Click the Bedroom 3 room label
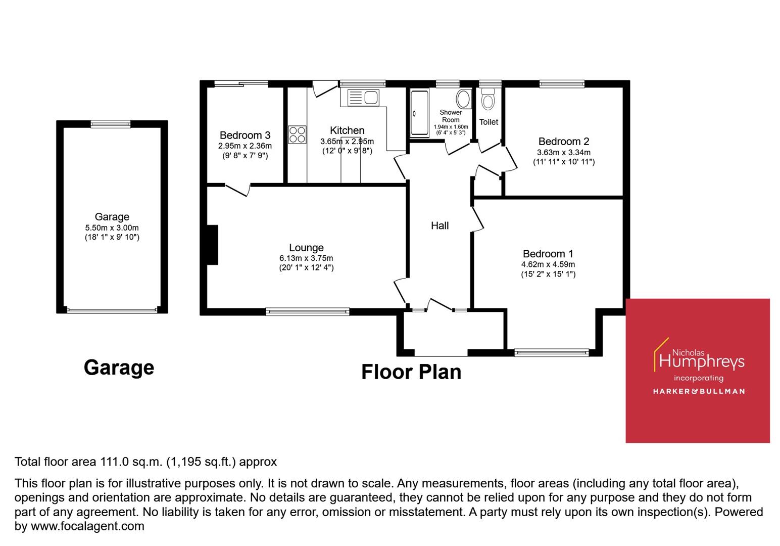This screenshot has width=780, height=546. pyautogui.click(x=245, y=135)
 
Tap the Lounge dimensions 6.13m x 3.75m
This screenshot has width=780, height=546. pyautogui.click(x=306, y=258)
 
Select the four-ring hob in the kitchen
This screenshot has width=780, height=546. pyautogui.click(x=297, y=134)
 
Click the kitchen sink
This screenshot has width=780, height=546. pyautogui.click(x=363, y=97)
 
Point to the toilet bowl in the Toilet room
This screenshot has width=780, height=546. pyautogui.click(x=487, y=100)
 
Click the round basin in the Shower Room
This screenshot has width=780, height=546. pyautogui.click(x=463, y=98)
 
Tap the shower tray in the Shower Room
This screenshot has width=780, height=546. pyautogui.click(x=419, y=113)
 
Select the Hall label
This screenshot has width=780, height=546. pyautogui.click(x=440, y=225)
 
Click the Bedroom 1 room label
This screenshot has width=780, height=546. pyautogui.click(x=548, y=254)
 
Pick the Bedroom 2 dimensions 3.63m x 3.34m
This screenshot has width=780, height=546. pyautogui.click(x=563, y=152)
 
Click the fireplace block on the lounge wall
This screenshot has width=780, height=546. pyautogui.click(x=212, y=245)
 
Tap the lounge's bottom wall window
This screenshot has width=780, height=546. pyautogui.click(x=307, y=312)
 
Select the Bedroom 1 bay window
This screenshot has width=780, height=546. pyautogui.click(x=551, y=352)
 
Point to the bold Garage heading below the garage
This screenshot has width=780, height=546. pyautogui.click(x=119, y=367)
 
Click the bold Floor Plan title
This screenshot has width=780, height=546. pyautogui.click(x=411, y=372)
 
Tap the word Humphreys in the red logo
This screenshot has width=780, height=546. pyautogui.click(x=702, y=361)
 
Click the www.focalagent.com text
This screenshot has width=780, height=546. pyautogui.click(x=87, y=526)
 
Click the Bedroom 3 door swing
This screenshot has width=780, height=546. pyautogui.click(x=238, y=190)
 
